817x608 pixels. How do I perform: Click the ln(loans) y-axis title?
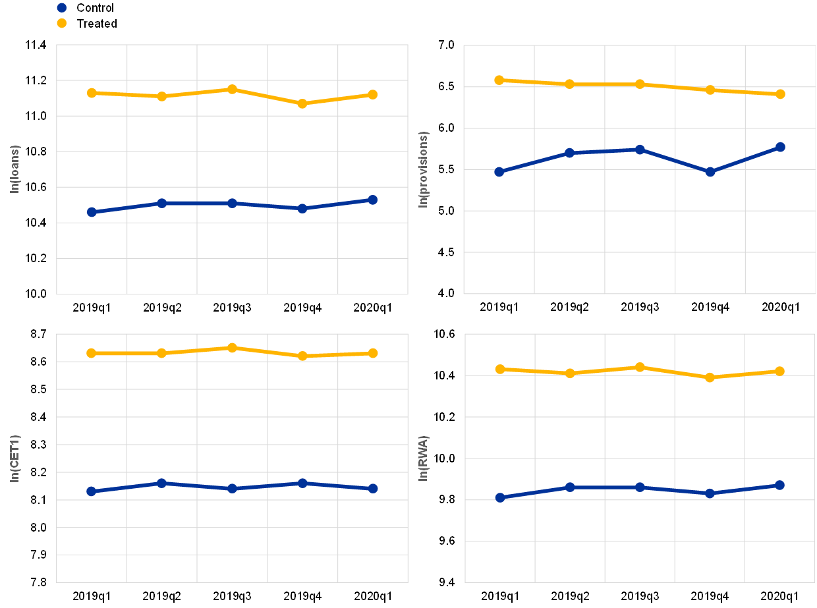coord(14,169)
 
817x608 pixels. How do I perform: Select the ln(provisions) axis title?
coord(423,169)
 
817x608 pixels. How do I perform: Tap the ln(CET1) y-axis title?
coord(14,458)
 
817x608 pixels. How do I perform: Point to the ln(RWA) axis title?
coord(423,458)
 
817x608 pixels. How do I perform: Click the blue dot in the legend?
coord(62,8)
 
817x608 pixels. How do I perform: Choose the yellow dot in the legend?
coord(62,23)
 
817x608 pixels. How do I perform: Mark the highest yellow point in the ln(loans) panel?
coord(232,89)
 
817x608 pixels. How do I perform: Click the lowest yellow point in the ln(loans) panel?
coord(302,103)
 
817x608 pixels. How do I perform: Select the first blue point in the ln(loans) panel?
coord(92,212)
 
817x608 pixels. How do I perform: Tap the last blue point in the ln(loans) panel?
coord(373,200)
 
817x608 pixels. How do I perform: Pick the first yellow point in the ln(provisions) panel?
coord(499,80)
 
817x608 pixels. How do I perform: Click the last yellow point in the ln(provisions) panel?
coord(780,94)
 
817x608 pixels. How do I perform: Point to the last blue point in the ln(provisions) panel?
coord(780,147)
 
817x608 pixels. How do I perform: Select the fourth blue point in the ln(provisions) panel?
coord(710,172)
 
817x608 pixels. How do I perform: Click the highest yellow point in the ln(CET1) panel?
coord(232,348)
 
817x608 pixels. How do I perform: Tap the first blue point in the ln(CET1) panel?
coord(92,491)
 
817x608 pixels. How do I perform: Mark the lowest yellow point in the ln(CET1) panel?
coord(302,356)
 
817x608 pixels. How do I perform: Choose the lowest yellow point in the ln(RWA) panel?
coord(710,377)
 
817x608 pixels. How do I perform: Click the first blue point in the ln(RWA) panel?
coord(499,498)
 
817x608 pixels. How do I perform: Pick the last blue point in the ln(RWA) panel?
coord(779,485)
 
